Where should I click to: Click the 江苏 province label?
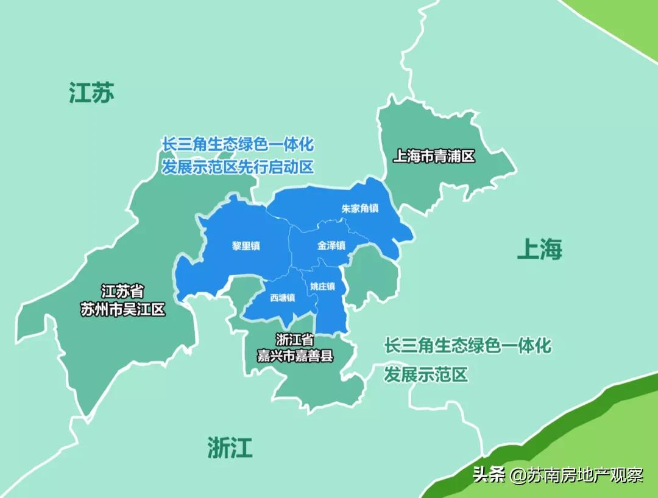pyautogui.click(x=91, y=93)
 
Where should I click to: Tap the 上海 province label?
pyautogui.click(x=539, y=248)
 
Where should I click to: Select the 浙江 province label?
pyautogui.click(x=229, y=447)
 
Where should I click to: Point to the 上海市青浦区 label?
pyautogui.click(x=433, y=156)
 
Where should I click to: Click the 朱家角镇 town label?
pyautogui.click(x=359, y=208)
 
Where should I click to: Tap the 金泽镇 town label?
pyautogui.click(x=331, y=246)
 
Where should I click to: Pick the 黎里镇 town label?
pyautogui.click(x=246, y=246)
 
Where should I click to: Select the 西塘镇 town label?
pyautogui.click(x=283, y=298)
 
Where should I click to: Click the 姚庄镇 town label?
pyautogui.click(x=323, y=286)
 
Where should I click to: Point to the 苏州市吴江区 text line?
pyautogui.click(x=123, y=310)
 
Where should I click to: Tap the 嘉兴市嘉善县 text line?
pyautogui.click(x=295, y=356)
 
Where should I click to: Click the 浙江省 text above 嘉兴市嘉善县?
pyautogui.click(x=294, y=340)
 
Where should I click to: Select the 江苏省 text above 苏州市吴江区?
pyautogui.click(x=122, y=292)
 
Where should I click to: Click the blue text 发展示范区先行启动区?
pyautogui.click(x=238, y=167)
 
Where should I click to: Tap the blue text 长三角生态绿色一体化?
pyautogui.click(x=238, y=145)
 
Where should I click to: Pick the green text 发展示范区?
pyautogui.click(x=425, y=374)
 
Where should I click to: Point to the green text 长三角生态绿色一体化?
pyautogui.click(x=467, y=346)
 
